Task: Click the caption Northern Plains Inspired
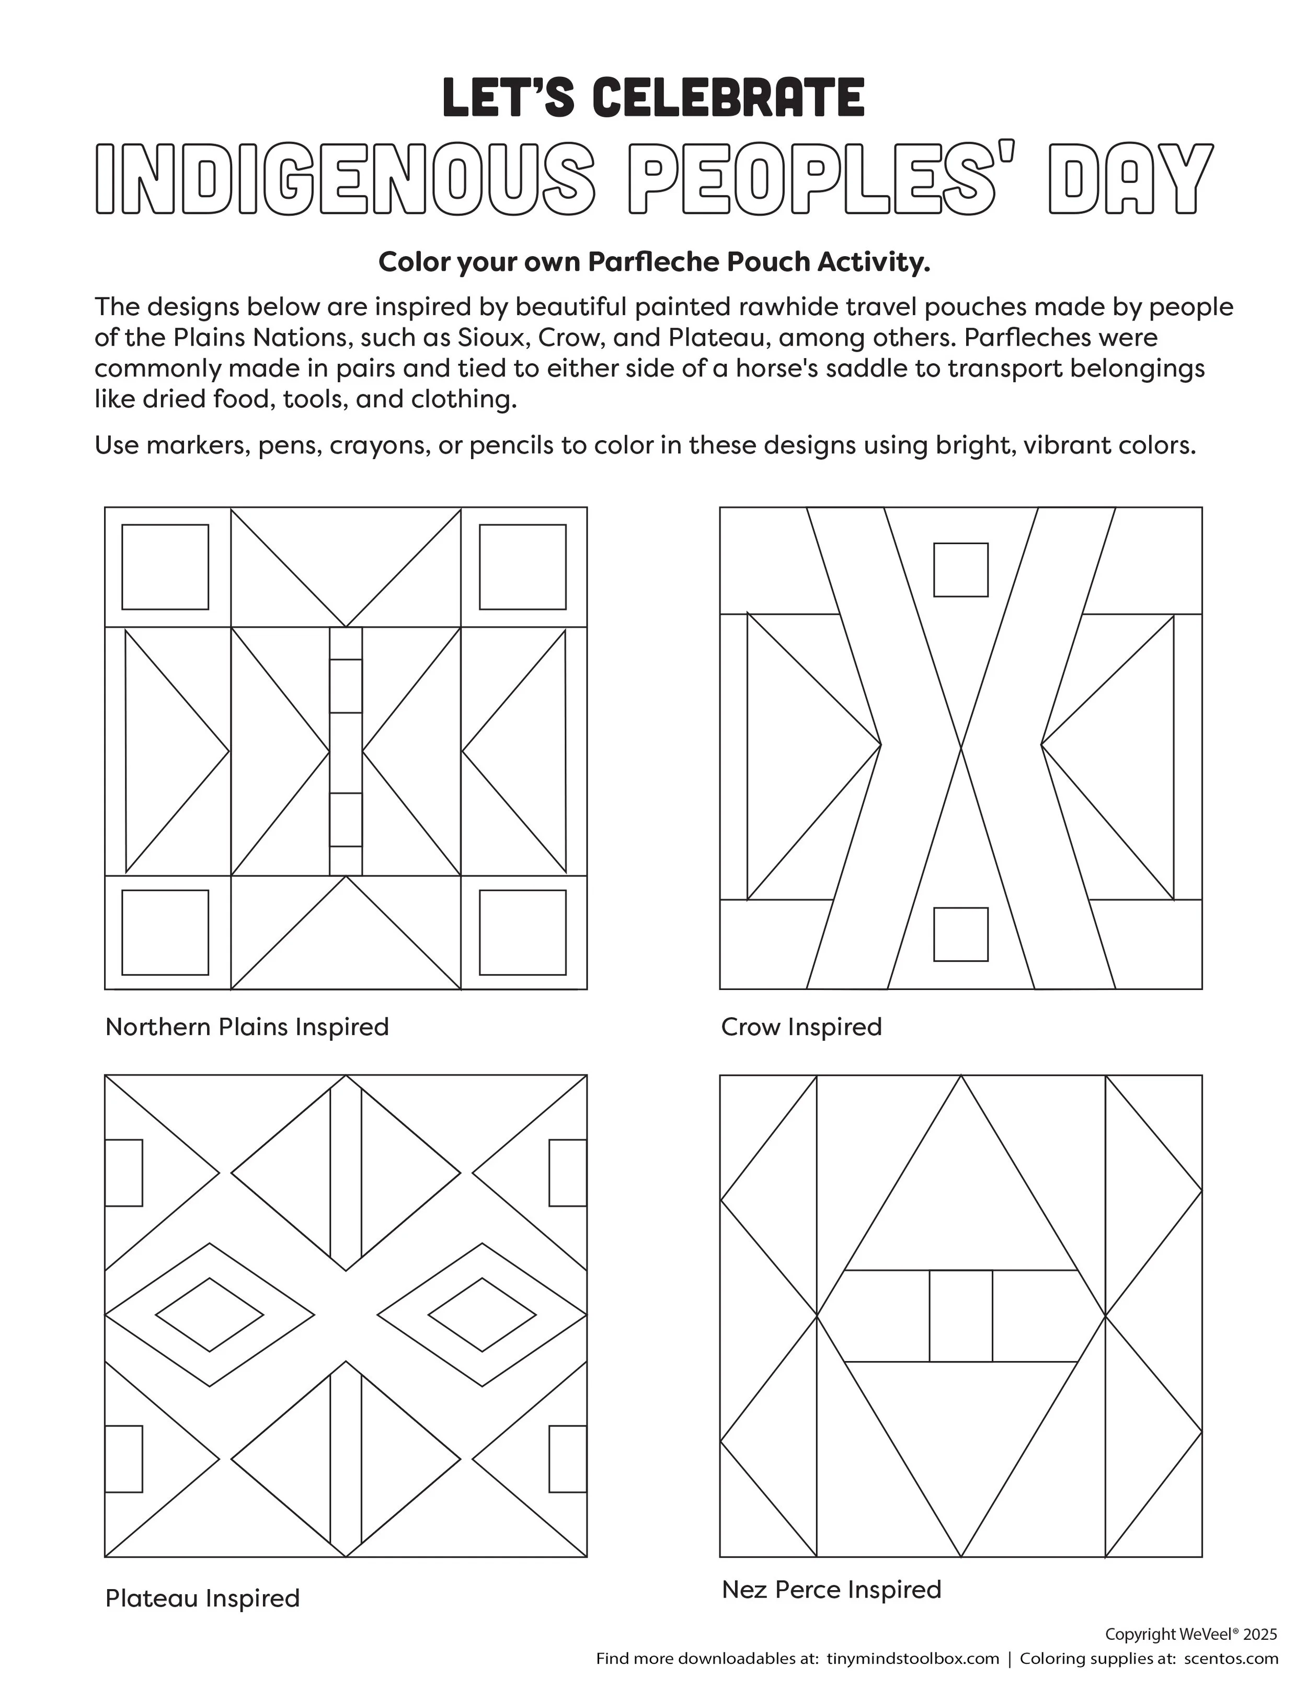(x=247, y=1028)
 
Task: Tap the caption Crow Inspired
(x=801, y=1028)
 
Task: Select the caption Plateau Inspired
(x=202, y=1598)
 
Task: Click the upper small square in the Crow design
(x=961, y=570)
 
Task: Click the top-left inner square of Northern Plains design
(x=165, y=568)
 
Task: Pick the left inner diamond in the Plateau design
(x=210, y=1315)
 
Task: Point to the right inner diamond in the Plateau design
(x=481, y=1315)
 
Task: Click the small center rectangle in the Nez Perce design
(x=961, y=1316)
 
